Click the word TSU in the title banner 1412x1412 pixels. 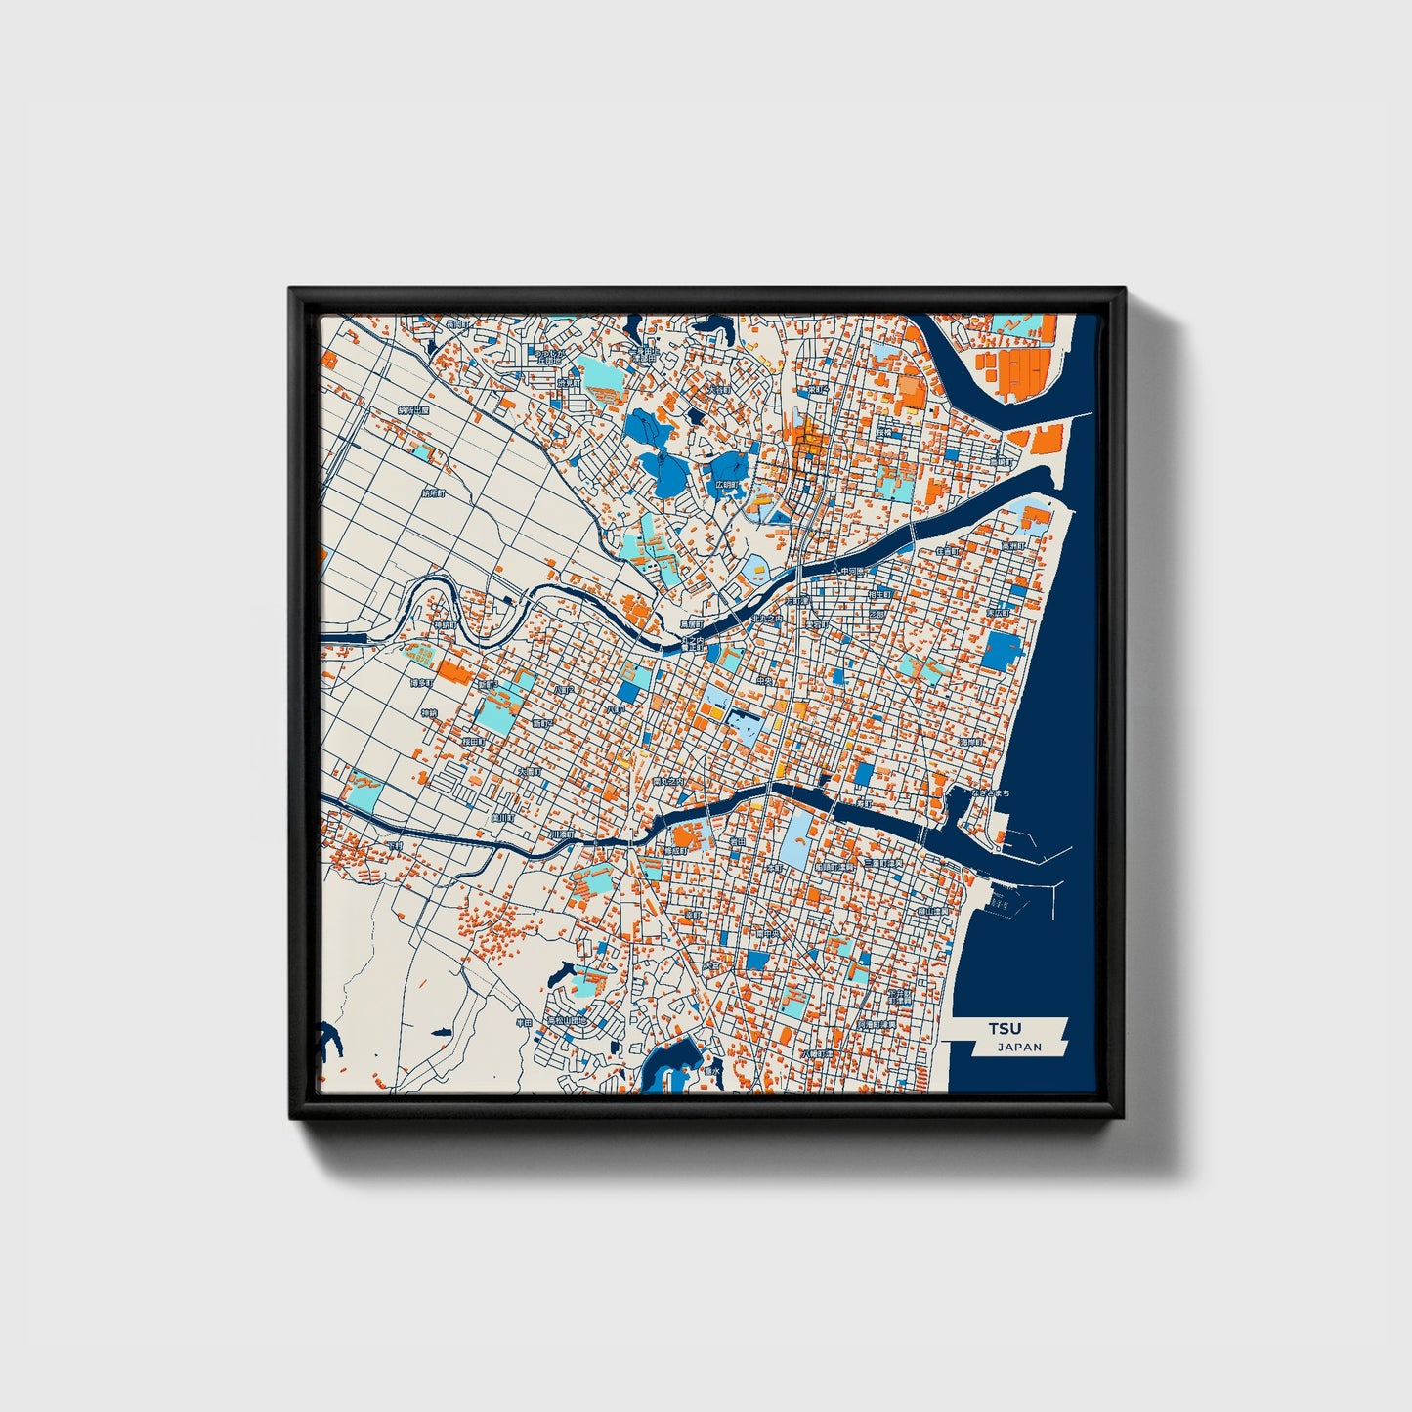tap(1004, 1029)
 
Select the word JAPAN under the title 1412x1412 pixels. tap(1019, 1048)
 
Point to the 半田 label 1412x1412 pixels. tap(525, 1023)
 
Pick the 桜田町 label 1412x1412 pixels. tap(474, 742)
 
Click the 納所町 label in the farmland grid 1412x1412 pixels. tap(433, 493)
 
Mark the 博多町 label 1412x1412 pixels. tap(422, 683)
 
